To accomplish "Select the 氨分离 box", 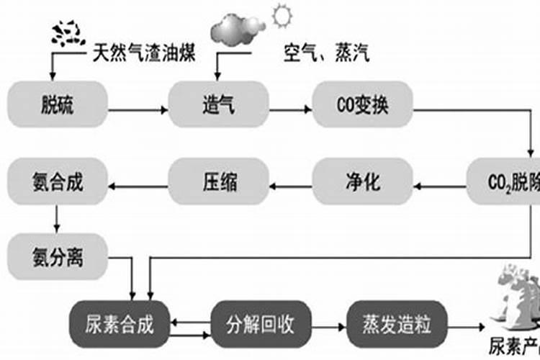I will [x=58, y=256].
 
